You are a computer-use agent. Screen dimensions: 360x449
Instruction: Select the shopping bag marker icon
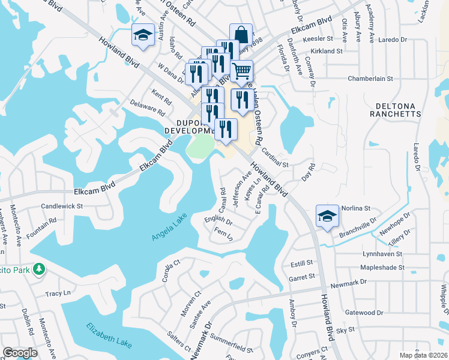(241, 34)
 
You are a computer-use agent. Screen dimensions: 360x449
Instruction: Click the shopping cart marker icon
(241, 71)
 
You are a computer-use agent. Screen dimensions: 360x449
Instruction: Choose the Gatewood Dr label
(364, 313)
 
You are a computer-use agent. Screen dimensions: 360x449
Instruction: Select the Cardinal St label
(275, 158)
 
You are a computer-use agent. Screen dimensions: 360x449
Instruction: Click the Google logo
(20, 353)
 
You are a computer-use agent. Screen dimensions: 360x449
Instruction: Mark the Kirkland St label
(327, 52)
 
